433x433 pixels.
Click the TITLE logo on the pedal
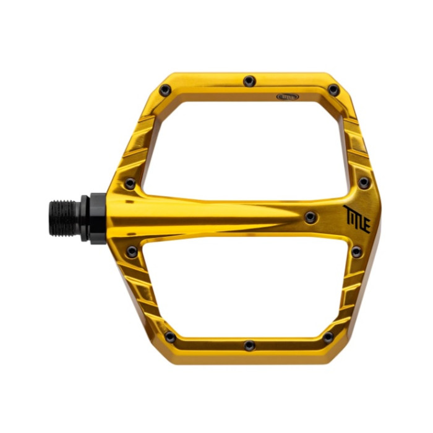point(356,218)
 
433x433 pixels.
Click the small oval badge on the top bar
point(287,96)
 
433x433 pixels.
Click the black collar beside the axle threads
point(93,218)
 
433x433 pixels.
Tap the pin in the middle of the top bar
point(249,80)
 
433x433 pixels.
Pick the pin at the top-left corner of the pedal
point(165,90)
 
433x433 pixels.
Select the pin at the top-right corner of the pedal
point(333,90)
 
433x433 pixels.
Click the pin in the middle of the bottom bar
point(249,345)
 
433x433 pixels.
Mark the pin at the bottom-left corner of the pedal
point(169,337)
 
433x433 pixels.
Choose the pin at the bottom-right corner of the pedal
point(328,337)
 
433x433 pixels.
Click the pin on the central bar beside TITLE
point(310,217)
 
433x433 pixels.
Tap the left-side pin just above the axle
point(130,184)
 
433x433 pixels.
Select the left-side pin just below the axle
point(131,251)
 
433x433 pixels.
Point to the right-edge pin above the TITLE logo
point(364,182)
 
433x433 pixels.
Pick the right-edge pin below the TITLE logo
point(356,251)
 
